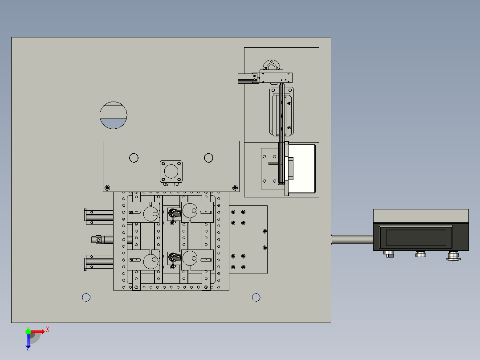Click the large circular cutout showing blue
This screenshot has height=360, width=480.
tap(113, 115)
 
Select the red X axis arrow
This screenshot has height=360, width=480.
tap(38, 331)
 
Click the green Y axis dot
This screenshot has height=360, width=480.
tap(28, 331)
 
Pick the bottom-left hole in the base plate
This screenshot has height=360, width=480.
tap(86, 297)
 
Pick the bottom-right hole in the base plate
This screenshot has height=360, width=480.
tap(256, 297)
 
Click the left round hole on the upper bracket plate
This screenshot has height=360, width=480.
tap(134, 158)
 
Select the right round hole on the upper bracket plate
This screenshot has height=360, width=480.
tap(208, 158)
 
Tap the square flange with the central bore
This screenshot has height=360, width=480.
tap(171, 172)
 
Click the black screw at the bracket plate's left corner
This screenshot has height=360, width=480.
tap(107, 188)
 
